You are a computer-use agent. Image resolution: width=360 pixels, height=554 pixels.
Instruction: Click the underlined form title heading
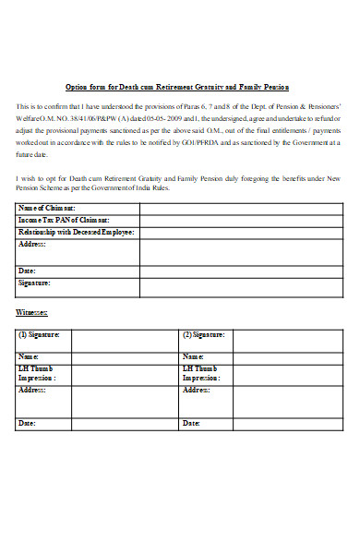(177, 87)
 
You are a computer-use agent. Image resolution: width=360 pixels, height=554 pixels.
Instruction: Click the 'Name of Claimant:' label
(47, 208)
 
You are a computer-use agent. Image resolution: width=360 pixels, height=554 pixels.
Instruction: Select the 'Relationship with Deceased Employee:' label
(78, 232)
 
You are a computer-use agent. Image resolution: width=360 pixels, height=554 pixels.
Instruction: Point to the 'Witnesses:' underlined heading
(32, 313)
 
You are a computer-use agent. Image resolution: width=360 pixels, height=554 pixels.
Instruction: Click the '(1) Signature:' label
(39, 334)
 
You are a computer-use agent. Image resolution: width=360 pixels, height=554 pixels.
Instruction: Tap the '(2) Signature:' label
(204, 334)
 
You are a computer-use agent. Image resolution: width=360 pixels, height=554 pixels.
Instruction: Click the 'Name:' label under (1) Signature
(29, 356)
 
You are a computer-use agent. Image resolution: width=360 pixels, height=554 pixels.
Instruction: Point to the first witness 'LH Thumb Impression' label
(37, 373)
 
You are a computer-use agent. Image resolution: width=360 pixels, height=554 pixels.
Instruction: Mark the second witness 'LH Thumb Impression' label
(201, 373)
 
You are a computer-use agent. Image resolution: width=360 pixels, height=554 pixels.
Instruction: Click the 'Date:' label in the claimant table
(28, 271)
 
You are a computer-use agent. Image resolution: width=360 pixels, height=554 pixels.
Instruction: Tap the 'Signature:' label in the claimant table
(34, 283)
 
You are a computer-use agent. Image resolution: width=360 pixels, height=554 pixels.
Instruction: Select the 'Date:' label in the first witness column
(28, 423)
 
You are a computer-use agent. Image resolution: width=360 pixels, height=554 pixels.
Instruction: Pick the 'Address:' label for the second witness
(197, 391)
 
